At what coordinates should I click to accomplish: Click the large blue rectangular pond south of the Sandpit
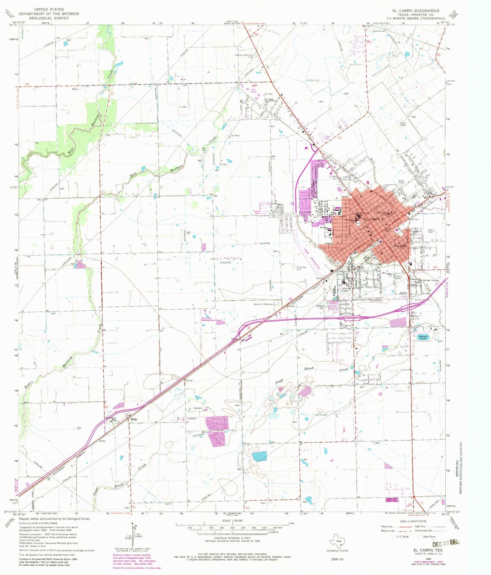coord(260,456)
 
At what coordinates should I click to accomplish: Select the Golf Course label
coord(253,90)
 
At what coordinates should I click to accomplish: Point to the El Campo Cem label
coord(301,268)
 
